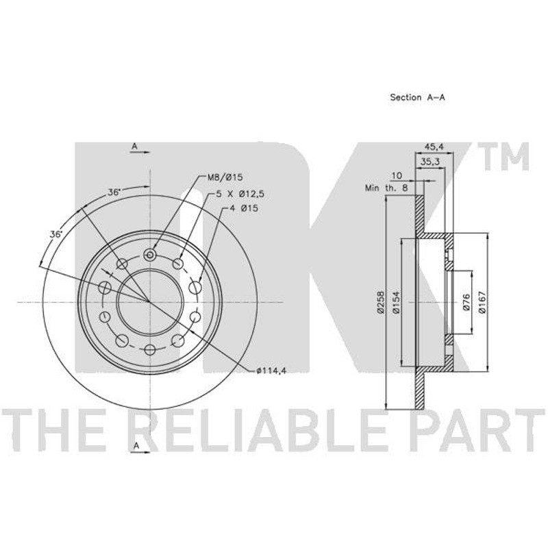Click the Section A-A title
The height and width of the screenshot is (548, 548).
417,97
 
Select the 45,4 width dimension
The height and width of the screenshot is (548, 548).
434,147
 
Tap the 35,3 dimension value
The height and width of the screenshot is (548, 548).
430,162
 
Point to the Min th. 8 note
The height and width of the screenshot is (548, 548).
386,188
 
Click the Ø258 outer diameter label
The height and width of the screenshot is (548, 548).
380,302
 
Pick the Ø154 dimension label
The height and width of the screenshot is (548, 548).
396,302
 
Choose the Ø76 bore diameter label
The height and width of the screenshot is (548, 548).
466,302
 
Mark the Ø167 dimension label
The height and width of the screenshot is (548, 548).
483,302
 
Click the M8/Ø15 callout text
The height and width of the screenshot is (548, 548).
225,177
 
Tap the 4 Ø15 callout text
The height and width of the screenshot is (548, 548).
244,208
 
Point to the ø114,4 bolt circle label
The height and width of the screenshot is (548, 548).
271,371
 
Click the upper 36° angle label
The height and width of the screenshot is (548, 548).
114,192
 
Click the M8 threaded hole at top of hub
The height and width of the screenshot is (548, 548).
150,254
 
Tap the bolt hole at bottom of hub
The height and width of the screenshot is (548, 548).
150,349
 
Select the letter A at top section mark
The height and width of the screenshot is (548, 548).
134,147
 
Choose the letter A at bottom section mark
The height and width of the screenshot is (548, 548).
136,446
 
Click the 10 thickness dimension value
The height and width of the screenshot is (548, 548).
397,175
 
